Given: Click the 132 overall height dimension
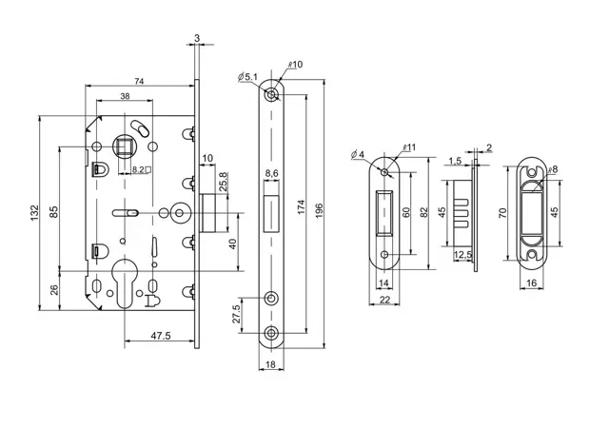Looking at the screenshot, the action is (34, 213).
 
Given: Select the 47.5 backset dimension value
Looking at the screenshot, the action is (161, 335).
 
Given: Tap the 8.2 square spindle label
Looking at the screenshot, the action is (142, 169).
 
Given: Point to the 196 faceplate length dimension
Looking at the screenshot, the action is (319, 211).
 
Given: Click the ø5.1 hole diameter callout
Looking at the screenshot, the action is (247, 76).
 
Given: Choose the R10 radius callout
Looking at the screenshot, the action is (295, 64).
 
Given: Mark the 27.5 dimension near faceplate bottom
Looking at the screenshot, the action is (236, 314).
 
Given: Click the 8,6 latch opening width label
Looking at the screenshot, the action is (271, 173).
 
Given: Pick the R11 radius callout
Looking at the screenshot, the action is (409, 147).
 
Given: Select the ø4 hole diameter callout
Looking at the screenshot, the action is (358, 154).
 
